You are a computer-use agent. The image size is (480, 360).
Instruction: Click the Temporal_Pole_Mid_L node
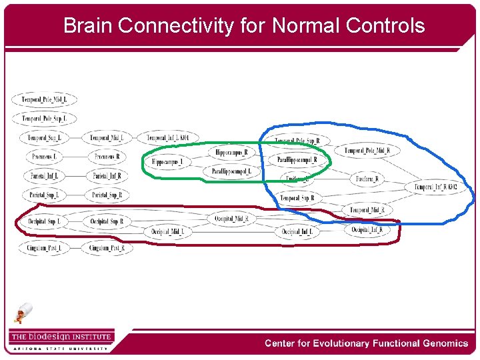click(44, 100)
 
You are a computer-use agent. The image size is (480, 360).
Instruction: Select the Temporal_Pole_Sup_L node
click(44, 119)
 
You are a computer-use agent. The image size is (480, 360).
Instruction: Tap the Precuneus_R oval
click(107, 157)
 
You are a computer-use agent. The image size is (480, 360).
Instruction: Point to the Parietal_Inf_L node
click(44, 177)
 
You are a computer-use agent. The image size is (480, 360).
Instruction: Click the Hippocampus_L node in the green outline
click(167, 162)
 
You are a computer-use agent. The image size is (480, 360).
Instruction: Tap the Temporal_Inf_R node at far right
click(435, 187)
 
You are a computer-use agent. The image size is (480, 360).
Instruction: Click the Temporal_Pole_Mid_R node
click(367, 151)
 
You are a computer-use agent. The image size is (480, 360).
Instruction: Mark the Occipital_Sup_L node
click(44, 221)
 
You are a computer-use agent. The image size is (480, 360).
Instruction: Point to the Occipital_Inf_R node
click(367, 230)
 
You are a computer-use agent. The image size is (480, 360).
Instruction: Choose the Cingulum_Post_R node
click(107, 249)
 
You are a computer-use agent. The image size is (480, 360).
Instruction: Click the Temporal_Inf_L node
click(168, 138)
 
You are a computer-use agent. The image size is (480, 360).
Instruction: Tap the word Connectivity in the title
click(175, 26)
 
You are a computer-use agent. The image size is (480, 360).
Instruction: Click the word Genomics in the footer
click(444, 343)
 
